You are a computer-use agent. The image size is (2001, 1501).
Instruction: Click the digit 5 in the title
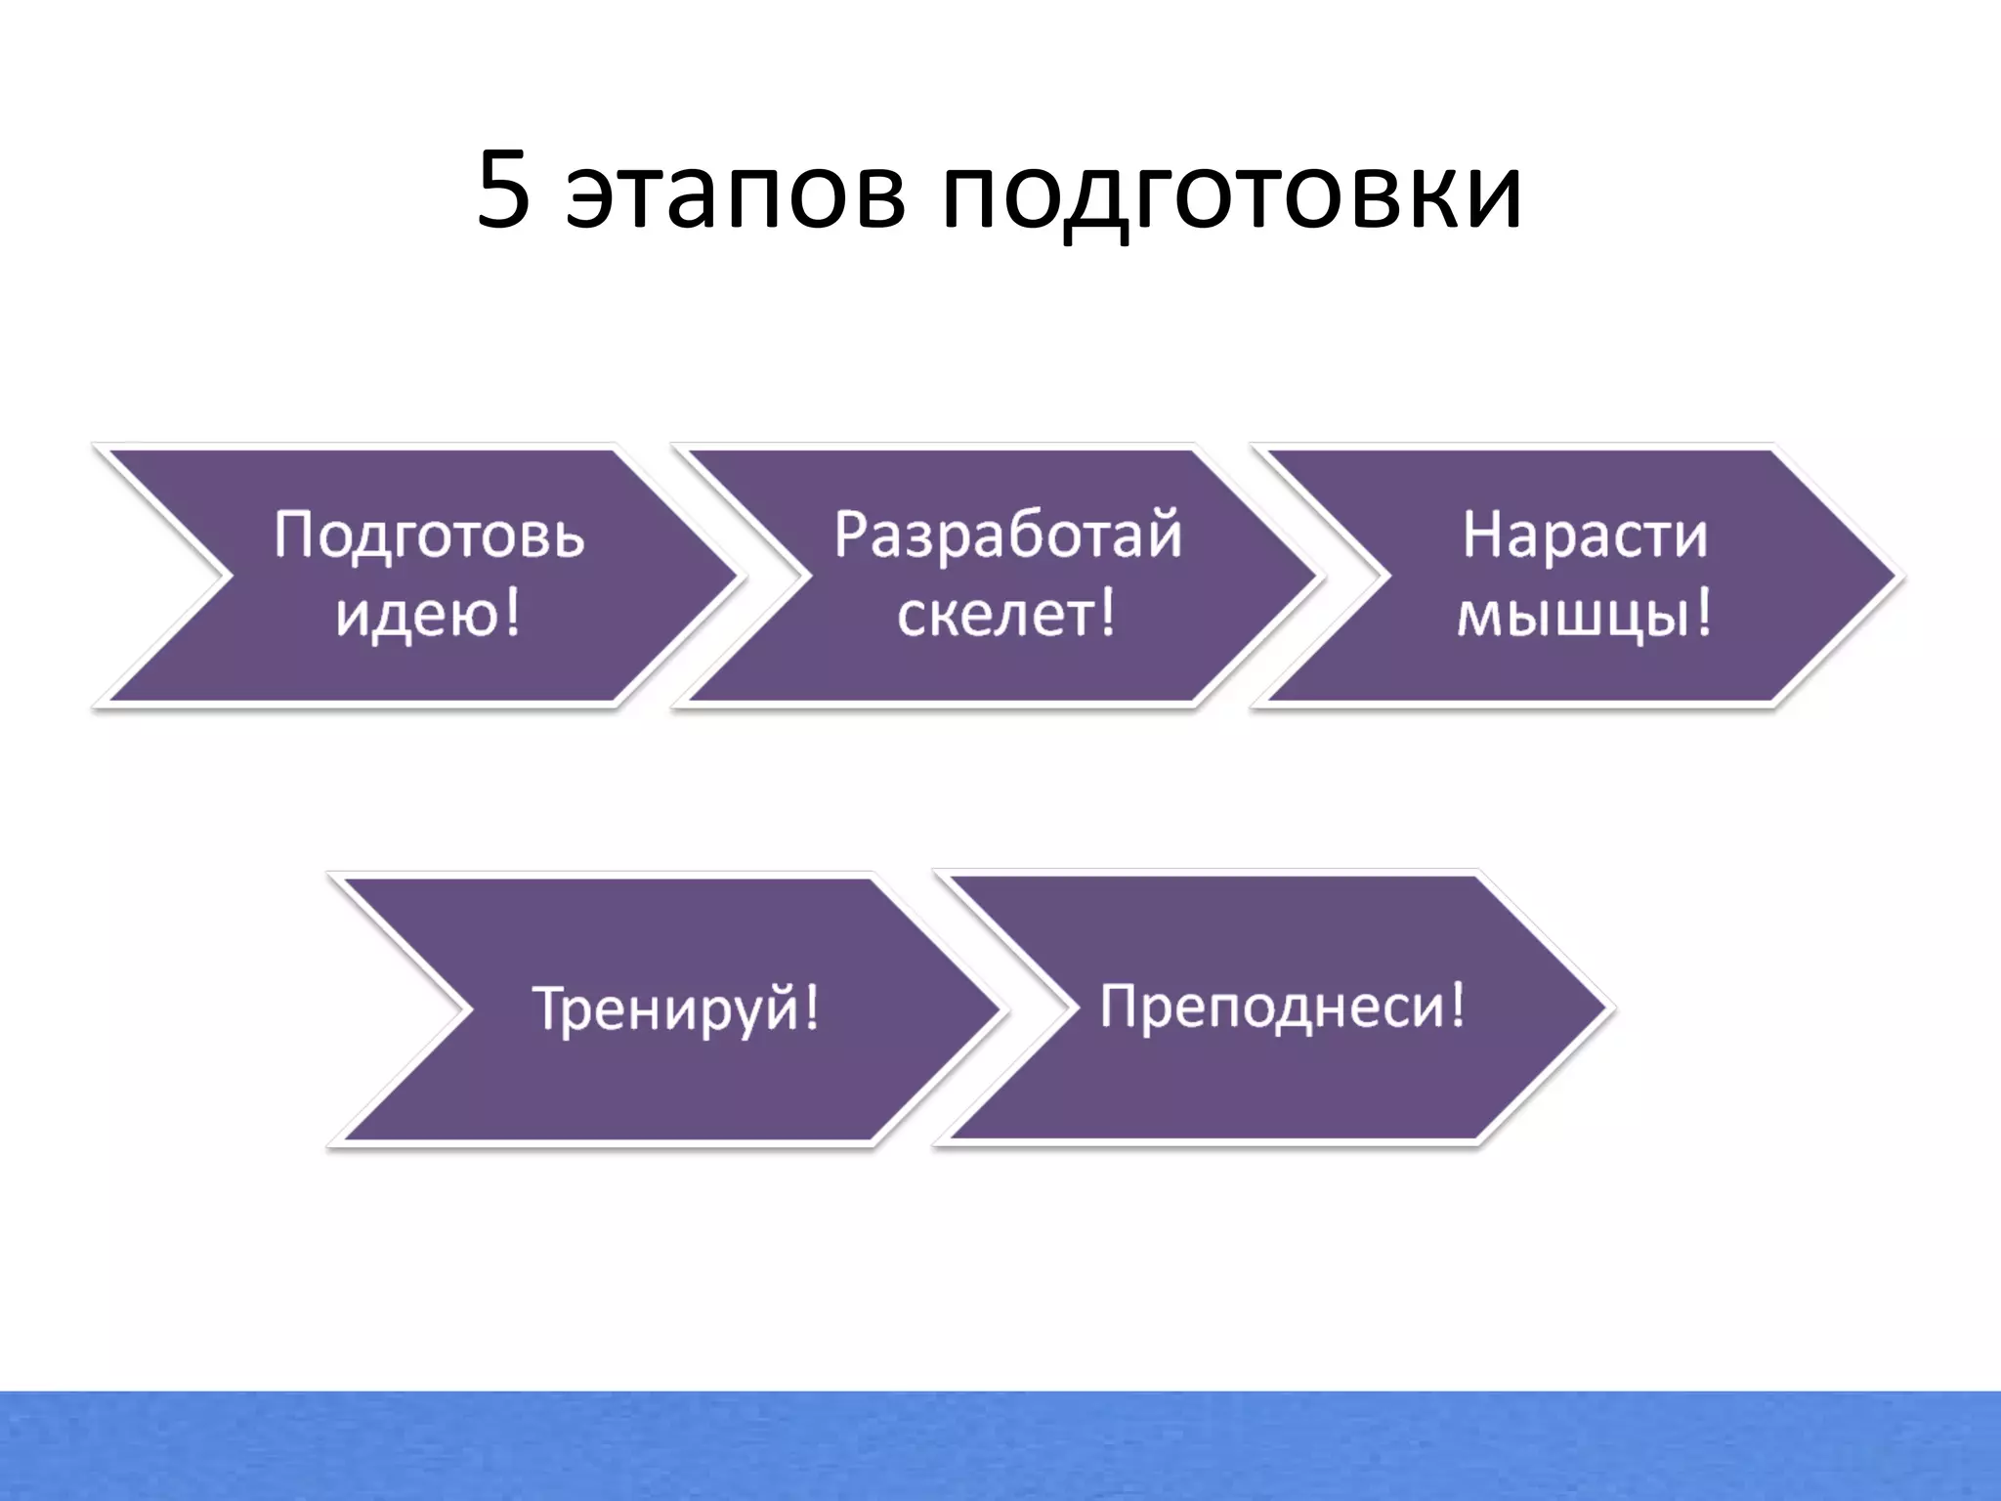click(x=503, y=193)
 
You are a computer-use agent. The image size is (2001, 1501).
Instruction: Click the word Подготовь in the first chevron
click(x=429, y=536)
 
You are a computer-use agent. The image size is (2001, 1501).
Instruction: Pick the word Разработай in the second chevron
click(x=1007, y=536)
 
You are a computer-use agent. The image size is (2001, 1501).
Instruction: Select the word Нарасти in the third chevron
click(x=1585, y=536)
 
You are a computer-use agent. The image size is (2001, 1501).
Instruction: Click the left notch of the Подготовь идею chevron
click(x=227, y=576)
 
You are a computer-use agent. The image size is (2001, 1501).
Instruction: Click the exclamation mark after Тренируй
click(x=810, y=1007)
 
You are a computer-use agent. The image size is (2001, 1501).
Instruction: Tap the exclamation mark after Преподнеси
click(x=1457, y=1003)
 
